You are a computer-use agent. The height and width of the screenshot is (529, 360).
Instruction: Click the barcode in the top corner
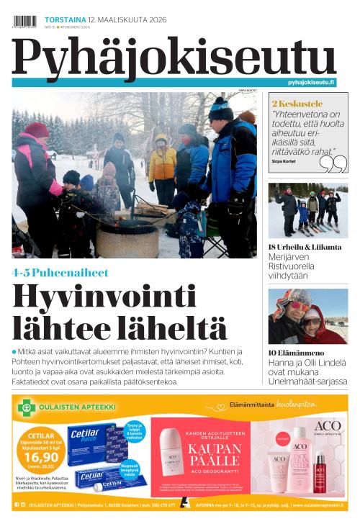pos(24,21)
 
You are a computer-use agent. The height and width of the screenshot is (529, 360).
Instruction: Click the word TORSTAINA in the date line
pos(61,19)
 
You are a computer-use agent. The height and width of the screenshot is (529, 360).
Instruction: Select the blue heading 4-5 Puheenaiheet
pos(60,273)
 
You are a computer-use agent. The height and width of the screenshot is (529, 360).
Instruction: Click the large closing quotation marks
pos(332,164)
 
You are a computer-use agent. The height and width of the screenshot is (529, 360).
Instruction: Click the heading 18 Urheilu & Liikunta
pos(305,248)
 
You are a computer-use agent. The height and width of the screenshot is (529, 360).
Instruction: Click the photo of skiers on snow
pos(307,209)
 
